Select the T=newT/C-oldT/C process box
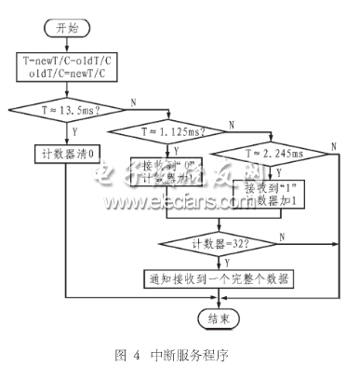[65, 70]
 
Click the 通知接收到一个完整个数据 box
[220, 278]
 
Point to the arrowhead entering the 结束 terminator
[220, 306]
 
